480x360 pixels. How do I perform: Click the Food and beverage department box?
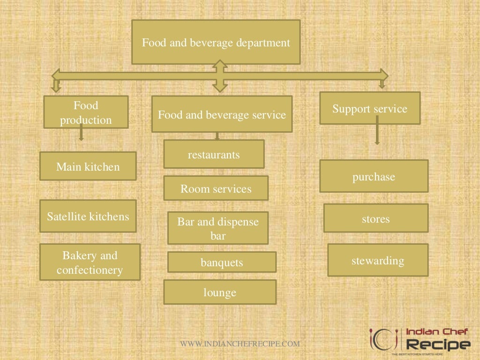point(216,42)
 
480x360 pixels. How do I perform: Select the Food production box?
point(86,112)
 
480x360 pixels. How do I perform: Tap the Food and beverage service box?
point(222,114)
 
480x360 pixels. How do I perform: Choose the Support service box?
point(370,108)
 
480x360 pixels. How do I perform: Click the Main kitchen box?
point(88,166)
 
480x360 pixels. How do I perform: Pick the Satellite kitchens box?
point(88,216)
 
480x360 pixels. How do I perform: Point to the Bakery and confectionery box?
point(90,262)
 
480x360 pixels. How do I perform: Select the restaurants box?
point(214,154)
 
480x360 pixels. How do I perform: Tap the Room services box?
point(216,188)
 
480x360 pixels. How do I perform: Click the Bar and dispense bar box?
point(217,228)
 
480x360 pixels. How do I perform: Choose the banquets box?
point(222,262)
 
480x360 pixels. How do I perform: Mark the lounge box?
point(219,292)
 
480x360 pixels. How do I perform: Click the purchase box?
point(374,176)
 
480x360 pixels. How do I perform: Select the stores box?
point(375,218)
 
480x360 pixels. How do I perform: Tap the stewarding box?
point(377,260)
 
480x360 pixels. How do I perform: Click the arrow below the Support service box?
point(377,134)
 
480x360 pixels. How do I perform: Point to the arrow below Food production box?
point(81,134)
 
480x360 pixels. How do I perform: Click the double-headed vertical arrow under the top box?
point(219,75)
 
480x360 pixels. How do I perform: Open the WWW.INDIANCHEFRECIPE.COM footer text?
point(240,344)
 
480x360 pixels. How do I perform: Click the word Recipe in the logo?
point(438,345)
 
